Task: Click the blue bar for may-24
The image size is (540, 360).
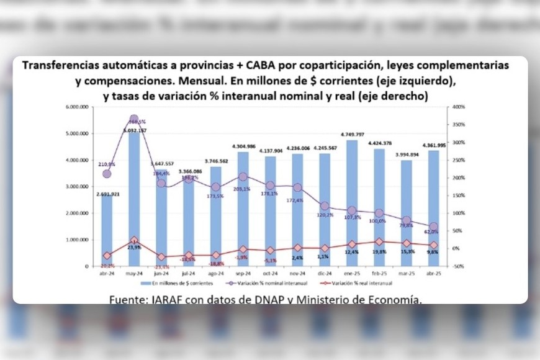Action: tap(133, 199)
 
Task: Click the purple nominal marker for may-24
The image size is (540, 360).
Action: tap(134, 119)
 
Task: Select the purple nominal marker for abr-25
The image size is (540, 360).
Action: tap(433, 227)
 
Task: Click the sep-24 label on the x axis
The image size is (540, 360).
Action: tap(242, 272)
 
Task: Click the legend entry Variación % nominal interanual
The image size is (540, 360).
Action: tap(254, 282)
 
